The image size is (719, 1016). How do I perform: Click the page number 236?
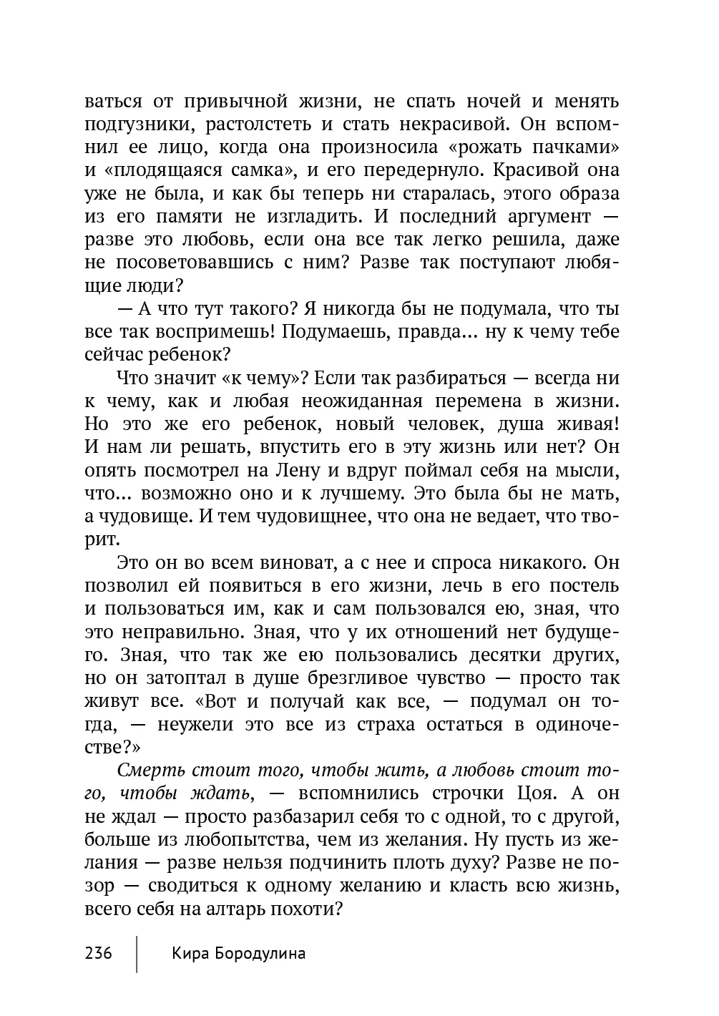[99, 954]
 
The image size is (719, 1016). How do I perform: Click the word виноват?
[307, 562]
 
